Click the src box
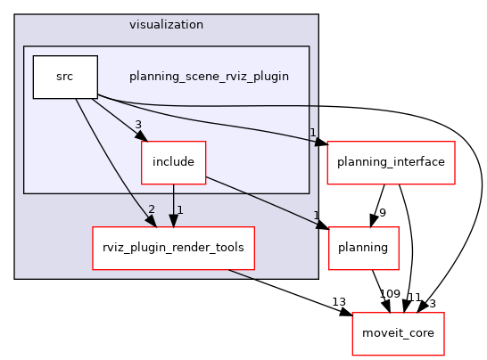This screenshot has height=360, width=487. (x=65, y=77)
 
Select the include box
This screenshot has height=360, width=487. (x=173, y=163)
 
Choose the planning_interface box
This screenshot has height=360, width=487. (x=393, y=163)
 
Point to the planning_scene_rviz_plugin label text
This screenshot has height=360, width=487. (x=209, y=77)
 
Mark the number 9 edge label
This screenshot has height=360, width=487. (x=382, y=213)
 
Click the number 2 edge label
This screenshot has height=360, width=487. (x=152, y=209)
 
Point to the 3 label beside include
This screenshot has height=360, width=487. (x=138, y=124)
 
